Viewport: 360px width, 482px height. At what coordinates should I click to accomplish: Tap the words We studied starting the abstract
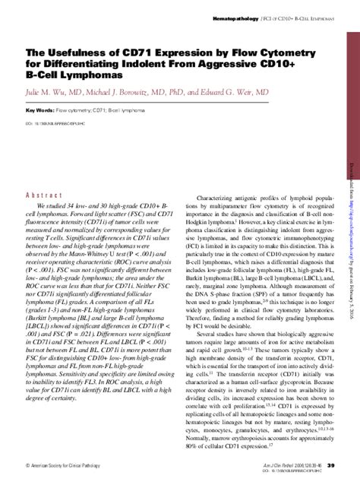coord(52,207)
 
